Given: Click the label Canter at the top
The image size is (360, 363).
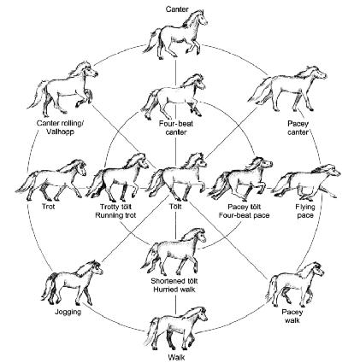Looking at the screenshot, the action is point(177,9).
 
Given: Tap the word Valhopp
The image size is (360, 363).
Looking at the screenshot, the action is point(60,132).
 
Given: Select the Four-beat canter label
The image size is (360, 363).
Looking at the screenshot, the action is point(176,128).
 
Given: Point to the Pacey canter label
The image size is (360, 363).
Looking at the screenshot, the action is point(298,128).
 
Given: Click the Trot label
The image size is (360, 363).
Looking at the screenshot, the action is point(48,206).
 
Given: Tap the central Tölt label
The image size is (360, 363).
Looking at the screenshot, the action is point(175,206).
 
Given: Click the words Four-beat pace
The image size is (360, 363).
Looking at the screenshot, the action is point(244,215).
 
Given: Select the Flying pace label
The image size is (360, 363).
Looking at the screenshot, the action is point(305,211).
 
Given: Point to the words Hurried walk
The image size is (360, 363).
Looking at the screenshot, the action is point(174,290).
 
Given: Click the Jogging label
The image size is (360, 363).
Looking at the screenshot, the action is point(68,312).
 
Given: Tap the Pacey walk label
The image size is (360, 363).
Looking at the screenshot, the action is point(292,316).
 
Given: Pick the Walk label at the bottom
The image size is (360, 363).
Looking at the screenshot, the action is point(174,357).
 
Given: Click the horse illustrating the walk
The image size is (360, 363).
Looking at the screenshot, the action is point(175,328).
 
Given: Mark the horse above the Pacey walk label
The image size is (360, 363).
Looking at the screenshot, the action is point(295,284).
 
